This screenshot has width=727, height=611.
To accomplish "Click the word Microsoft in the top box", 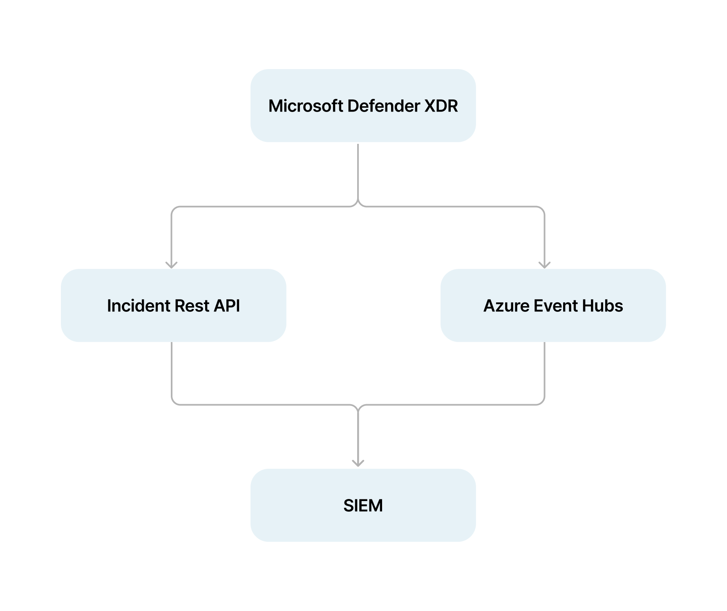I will (306, 106).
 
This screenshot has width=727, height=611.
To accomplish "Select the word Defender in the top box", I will (383, 106).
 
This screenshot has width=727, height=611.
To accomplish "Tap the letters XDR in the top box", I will (441, 106).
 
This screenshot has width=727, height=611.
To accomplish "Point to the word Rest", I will (192, 306).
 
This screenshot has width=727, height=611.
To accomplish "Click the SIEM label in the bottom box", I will (363, 506).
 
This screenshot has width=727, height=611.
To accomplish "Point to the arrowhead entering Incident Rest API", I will (171, 264).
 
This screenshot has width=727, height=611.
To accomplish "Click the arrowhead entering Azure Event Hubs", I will (544, 264).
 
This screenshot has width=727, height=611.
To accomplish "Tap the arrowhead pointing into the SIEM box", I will (358, 463).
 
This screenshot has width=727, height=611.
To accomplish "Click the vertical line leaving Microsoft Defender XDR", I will (358, 172).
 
